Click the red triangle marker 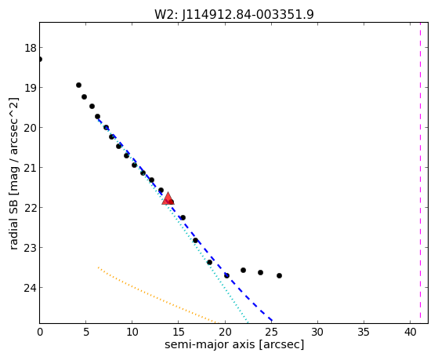point(168,198)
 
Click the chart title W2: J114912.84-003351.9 point(234,14)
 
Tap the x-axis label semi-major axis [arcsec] point(234,344)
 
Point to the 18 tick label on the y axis point(31,48)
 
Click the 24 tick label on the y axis point(31,288)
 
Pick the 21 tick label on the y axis point(31,168)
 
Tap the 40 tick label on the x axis point(410,332)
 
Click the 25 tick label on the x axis point(271,332)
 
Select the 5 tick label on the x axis point(86,332)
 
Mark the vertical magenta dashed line point(420,173)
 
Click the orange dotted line point(157,296)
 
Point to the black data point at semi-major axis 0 point(40,59)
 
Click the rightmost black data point point(279,275)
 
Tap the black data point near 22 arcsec point(243,270)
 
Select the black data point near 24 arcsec point(260,272)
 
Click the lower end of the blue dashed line point(272,321)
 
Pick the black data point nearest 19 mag point(78,85)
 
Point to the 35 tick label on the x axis point(364,332)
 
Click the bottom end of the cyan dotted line point(248,322)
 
